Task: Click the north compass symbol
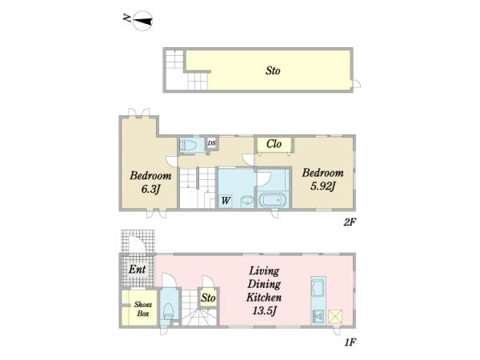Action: click(142, 21)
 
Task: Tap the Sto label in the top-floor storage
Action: click(273, 70)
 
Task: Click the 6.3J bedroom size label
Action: click(150, 190)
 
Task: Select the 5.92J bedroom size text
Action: click(323, 186)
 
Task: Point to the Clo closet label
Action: click(274, 144)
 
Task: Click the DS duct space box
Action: click(211, 143)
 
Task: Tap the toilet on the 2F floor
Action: click(188, 146)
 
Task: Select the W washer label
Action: click(226, 201)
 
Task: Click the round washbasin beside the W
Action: click(246, 201)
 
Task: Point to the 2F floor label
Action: click(350, 222)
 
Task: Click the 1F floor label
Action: click(350, 342)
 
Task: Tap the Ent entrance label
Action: click(137, 270)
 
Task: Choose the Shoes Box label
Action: click(143, 309)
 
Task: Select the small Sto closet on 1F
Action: click(208, 298)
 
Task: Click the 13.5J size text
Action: click(265, 310)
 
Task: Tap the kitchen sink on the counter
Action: click(318, 288)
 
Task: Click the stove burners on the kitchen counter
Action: click(318, 316)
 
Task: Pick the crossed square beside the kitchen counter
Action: click(335, 316)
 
